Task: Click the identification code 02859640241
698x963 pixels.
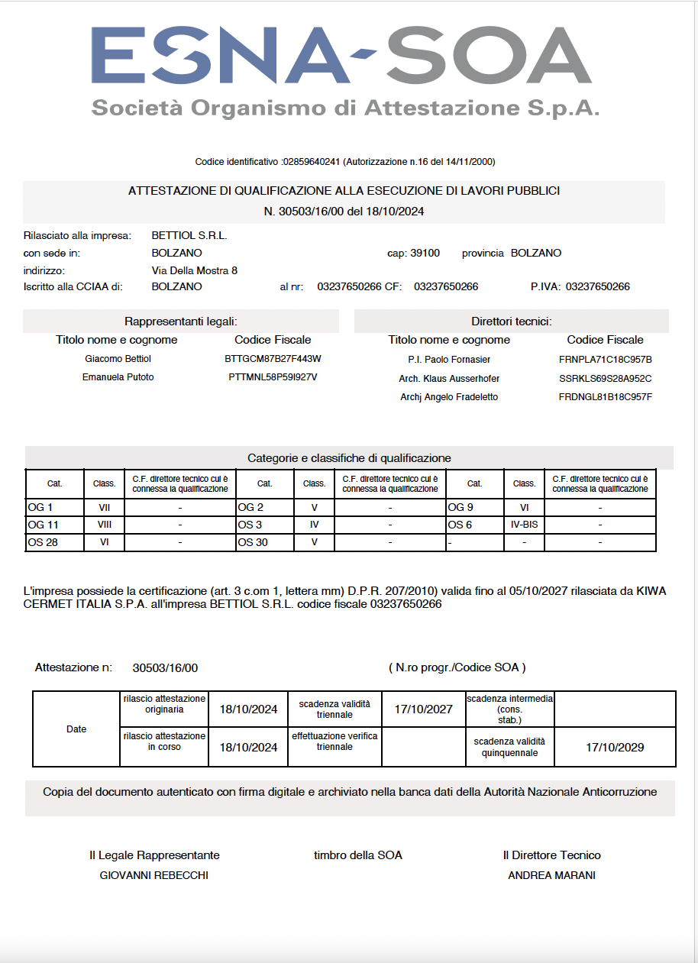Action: pos(312,162)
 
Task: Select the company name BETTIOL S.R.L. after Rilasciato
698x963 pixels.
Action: pos(189,235)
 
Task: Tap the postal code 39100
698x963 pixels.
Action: pos(425,253)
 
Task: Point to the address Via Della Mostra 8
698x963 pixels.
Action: pos(195,270)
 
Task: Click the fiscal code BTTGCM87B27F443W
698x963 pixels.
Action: pos(273,358)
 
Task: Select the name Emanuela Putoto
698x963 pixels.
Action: pos(118,376)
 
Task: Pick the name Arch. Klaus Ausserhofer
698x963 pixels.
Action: pos(449,378)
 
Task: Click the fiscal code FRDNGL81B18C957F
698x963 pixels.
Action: pos(605,396)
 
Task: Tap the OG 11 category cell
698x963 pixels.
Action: pos(44,525)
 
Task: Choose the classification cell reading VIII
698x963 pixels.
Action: pos(105,525)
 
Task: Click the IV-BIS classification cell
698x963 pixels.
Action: pos(524,525)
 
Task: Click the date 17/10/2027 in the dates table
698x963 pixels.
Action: pos(423,709)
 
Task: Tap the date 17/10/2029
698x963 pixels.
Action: pos(615,747)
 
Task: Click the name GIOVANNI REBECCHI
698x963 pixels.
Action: pos(154,875)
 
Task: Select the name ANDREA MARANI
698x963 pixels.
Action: pos(551,875)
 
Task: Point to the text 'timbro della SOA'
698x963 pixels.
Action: pos(357,855)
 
